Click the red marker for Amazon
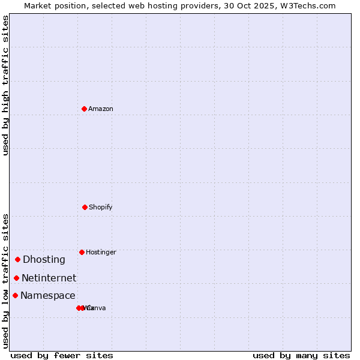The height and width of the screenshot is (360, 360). point(84,109)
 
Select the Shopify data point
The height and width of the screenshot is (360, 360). point(85,207)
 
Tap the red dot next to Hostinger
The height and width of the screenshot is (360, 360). point(82,252)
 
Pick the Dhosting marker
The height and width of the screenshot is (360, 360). point(18,259)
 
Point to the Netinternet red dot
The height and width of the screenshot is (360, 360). point(17,278)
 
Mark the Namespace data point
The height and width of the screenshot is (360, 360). point(16,295)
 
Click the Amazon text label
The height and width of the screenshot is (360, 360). point(100,109)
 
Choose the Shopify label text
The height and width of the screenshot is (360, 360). point(100,207)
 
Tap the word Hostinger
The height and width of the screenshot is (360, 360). point(101,252)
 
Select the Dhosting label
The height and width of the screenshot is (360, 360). point(44,259)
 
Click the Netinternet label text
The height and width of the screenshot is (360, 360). point(49,278)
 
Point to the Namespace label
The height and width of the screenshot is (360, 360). point(47,295)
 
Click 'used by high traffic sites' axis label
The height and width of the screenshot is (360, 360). point(5,85)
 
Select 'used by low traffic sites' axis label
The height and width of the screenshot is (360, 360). point(5,281)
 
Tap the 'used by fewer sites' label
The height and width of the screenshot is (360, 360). point(62,355)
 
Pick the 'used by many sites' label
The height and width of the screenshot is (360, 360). point(301,355)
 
